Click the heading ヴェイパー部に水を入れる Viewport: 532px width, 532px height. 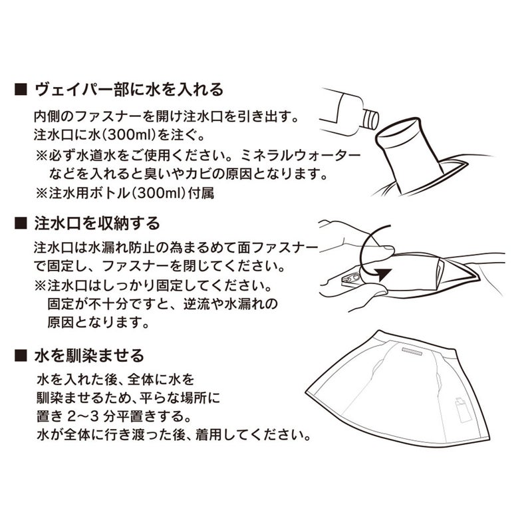(x=129, y=90)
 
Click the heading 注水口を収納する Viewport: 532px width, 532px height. (x=97, y=223)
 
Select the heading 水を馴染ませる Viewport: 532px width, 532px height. (x=90, y=356)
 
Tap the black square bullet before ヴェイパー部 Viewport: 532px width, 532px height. (x=21, y=90)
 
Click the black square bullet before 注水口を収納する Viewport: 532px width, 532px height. (x=21, y=223)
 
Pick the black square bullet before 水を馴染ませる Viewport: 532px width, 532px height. (x=21, y=356)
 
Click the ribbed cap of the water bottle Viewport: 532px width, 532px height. (x=370, y=119)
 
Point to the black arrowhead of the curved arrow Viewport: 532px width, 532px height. (x=384, y=274)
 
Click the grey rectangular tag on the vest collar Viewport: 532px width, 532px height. (x=412, y=351)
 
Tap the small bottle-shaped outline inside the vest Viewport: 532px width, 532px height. (x=463, y=410)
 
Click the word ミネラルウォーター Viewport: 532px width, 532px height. (x=301, y=156)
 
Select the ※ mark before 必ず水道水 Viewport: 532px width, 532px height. (x=42, y=156)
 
